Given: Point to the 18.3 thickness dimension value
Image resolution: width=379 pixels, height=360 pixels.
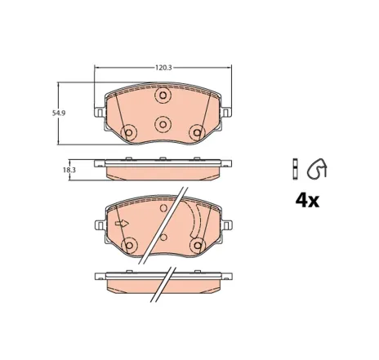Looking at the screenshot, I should (x=69, y=169).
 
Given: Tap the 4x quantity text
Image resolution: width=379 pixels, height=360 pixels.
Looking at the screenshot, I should (x=306, y=201).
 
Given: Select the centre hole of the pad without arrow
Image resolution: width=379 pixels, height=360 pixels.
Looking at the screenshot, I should (x=162, y=124).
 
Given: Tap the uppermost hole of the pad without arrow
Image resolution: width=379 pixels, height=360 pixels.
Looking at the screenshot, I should (x=162, y=97).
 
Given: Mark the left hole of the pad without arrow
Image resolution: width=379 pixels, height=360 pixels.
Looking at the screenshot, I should (x=128, y=132).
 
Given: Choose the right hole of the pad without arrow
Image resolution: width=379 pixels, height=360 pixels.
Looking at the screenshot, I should (x=196, y=132).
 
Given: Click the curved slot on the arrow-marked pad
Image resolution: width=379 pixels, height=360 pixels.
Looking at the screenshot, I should (x=194, y=219).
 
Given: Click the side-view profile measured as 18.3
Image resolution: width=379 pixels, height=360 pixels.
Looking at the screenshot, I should (x=162, y=167).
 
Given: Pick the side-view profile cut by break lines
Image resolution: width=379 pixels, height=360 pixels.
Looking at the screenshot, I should (x=162, y=278).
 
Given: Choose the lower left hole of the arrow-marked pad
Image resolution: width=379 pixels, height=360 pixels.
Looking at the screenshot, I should (x=128, y=243).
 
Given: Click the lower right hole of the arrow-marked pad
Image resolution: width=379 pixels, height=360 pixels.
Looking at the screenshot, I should (x=196, y=243).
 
